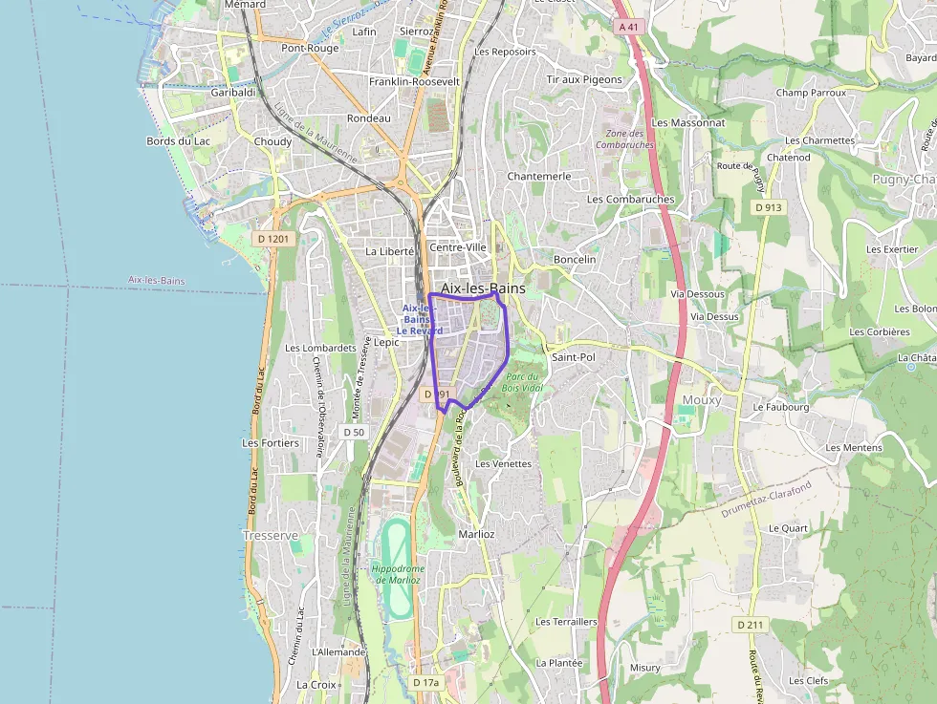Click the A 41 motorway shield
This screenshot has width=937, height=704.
coord(628,27)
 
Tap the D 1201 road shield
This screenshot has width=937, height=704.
coord(272,238)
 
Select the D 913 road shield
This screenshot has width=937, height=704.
coord(768,207)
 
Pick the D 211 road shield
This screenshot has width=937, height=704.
coord(752,624)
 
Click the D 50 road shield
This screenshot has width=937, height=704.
coord(354,432)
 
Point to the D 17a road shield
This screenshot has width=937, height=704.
coord(426,683)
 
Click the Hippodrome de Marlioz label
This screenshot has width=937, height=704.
coord(398,574)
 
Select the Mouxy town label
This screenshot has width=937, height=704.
coord(701,400)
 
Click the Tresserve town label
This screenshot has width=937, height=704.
coord(271,536)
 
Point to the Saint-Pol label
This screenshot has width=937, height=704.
coord(574,356)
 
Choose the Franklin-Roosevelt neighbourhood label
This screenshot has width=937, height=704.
coord(414,82)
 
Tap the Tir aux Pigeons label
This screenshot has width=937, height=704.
coord(584,80)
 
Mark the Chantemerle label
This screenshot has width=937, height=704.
coord(539,177)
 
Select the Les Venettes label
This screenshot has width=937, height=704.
coord(503,463)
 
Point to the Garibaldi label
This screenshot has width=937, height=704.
coord(233,93)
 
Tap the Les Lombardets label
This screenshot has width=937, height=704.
coord(320,348)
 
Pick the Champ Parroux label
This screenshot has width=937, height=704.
coord(811,93)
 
